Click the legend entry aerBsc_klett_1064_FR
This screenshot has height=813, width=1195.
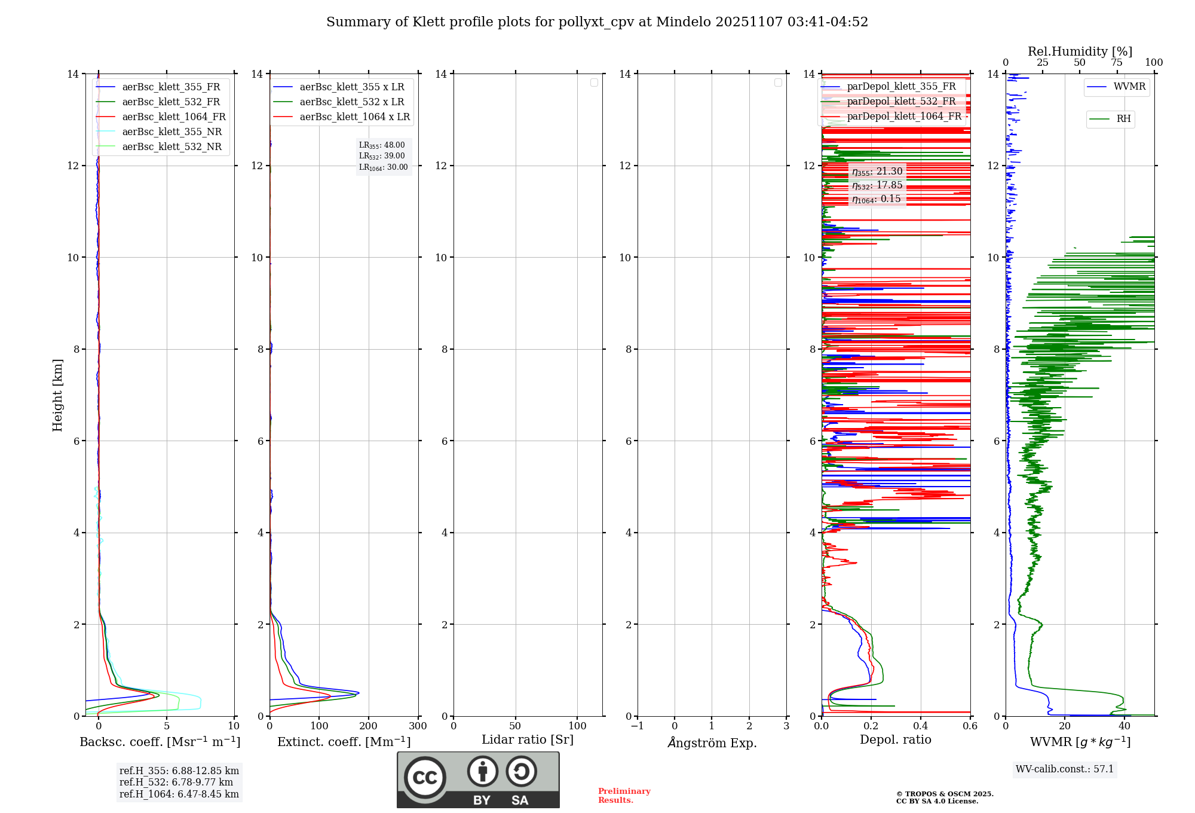[174, 117]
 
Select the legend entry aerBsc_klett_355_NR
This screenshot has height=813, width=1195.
[171, 132]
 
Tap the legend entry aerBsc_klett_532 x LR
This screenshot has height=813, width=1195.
[352, 102]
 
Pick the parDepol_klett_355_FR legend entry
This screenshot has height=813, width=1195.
[901, 87]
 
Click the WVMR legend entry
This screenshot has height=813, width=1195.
[1129, 87]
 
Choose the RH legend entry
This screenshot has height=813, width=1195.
[1123, 119]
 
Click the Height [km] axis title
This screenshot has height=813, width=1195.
[57, 395]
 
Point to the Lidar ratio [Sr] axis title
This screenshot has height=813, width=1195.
[528, 740]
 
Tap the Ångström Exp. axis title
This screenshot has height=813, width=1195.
[712, 743]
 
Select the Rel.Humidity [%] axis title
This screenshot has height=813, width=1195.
[1080, 51]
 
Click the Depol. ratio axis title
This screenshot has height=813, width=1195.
[895, 740]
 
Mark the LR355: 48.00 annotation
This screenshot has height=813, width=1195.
[382, 145]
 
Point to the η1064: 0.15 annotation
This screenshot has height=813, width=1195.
[877, 199]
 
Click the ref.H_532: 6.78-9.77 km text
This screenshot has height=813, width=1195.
[176, 783]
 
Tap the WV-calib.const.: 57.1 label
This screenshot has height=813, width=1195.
[1065, 769]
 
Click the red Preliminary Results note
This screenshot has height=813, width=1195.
[624, 796]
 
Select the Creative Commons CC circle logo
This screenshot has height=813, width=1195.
[425, 778]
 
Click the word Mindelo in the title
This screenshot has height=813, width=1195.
[683, 22]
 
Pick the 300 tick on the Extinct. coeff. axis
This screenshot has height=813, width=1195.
[418, 726]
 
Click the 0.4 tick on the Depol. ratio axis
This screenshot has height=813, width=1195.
[921, 726]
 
